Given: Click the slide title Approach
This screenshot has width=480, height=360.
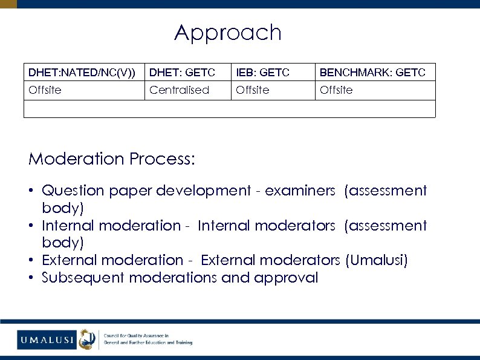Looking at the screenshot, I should pyautogui.click(x=228, y=33).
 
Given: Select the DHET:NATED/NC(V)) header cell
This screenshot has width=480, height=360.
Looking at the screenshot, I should pyautogui.click(x=82, y=73).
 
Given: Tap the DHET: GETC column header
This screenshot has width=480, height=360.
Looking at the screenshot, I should pyautogui.click(x=182, y=73).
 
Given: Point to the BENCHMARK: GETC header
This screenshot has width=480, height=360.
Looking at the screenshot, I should pyautogui.click(x=372, y=73).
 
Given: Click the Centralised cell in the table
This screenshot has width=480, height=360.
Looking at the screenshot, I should pyautogui.click(x=179, y=90).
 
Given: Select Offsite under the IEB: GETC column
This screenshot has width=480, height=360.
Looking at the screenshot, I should pyautogui.click(x=253, y=90).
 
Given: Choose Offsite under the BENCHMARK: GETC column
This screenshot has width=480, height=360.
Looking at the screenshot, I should pyautogui.click(x=336, y=90).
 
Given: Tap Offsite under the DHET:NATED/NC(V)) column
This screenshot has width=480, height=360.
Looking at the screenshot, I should pyautogui.click(x=45, y=90).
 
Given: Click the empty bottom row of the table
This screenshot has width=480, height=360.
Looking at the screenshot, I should pyautogui.click(x=229, y=108).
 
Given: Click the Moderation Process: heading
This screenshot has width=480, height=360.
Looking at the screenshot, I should pyautogui.click(x=112, y=159).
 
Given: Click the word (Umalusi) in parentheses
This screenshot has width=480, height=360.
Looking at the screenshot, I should pyautogui.click(x=377, y=260).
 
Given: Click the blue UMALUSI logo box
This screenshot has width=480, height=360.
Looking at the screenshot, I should pyautogui.click(x=46, y=339).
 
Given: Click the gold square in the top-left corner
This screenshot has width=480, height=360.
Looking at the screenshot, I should pyautogui.click(x=8, y=4).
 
